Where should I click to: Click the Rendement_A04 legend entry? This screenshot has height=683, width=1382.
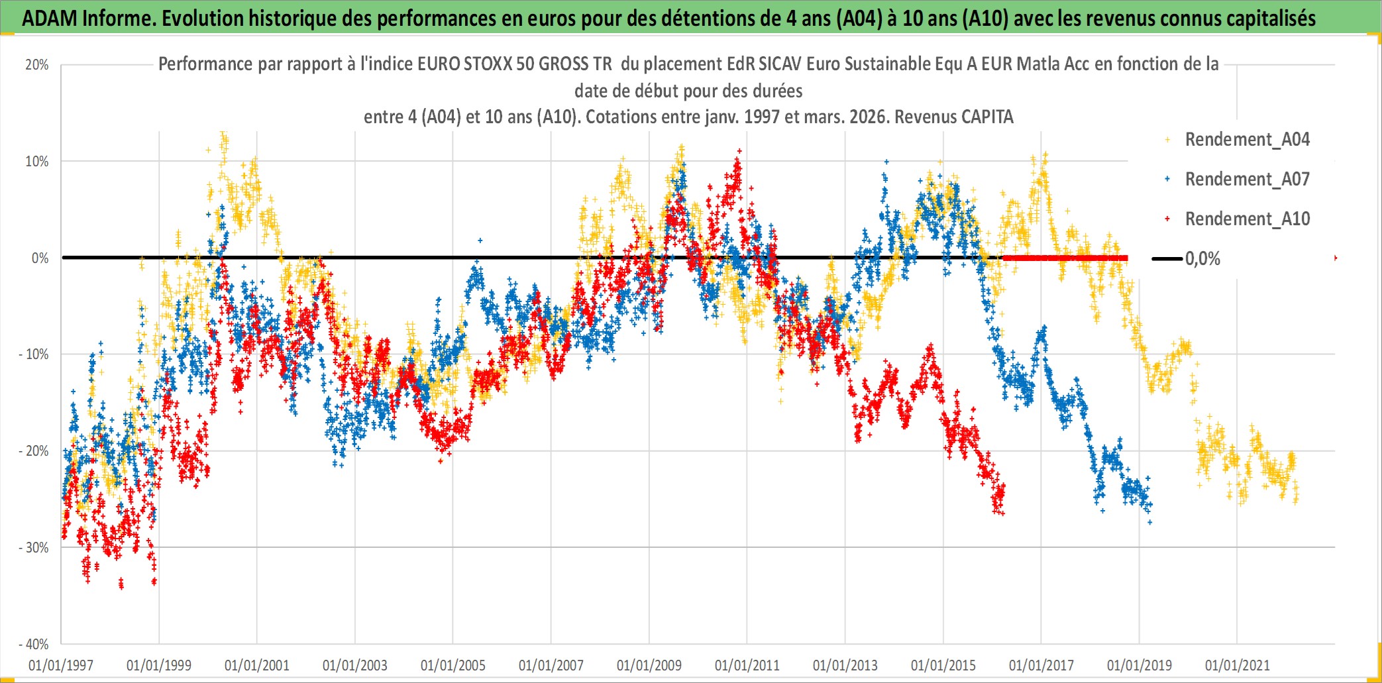1246,140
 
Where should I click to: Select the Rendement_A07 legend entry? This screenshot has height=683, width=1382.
1246,180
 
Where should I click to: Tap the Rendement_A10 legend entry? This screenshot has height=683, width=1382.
1246,219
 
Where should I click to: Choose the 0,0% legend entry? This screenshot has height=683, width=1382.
1202,259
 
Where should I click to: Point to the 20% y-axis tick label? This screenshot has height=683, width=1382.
37,65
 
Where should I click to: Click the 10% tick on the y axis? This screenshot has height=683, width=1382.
37,162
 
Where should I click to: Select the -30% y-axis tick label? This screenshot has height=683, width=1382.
34,548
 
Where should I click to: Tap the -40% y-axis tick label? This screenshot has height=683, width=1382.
34,644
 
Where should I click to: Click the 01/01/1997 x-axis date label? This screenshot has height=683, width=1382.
61,665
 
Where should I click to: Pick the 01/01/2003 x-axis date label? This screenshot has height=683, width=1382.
355,665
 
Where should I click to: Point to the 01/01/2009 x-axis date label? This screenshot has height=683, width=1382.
649,665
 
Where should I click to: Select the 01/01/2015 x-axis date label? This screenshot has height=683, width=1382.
943,665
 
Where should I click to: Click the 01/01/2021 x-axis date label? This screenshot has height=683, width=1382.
1238,665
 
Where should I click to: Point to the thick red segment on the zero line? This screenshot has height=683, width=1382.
1065,258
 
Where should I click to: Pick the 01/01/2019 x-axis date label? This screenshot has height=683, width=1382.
1140,665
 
